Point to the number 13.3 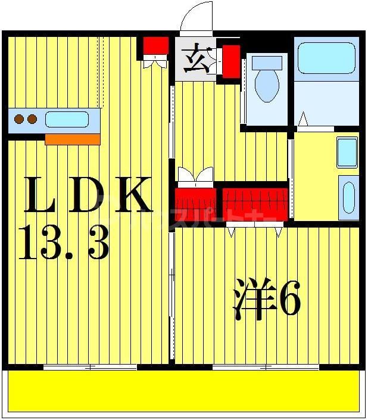64,242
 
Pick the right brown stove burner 32,119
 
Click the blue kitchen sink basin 67,119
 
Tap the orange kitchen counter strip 73,139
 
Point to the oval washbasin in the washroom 348,197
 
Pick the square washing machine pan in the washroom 347,153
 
